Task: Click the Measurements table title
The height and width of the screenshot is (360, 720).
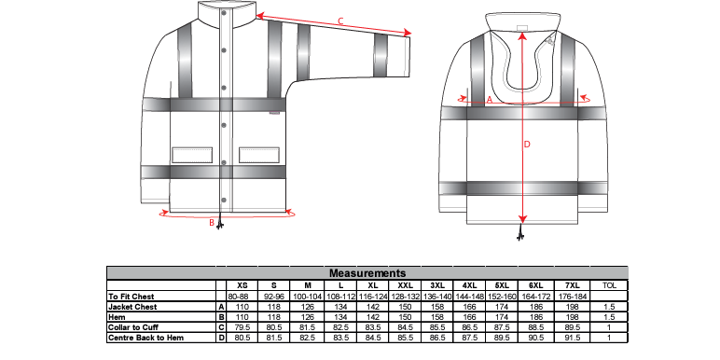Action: [367, 273]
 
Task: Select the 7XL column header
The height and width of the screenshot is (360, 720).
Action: [572, 285]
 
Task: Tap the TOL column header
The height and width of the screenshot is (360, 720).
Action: [609, 285]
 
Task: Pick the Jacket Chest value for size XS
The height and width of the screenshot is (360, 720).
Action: [242, 307]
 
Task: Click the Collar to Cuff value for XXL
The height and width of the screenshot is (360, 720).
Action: [405, 327]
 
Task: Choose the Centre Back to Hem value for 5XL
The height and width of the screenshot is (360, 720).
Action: [502, 338]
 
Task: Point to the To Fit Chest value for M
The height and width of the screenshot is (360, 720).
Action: [308, 297]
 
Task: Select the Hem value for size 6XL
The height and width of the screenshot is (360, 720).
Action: [536, 317]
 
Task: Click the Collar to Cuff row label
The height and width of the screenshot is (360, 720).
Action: [132, 327]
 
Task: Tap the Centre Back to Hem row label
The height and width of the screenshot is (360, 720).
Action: [145, 338]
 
